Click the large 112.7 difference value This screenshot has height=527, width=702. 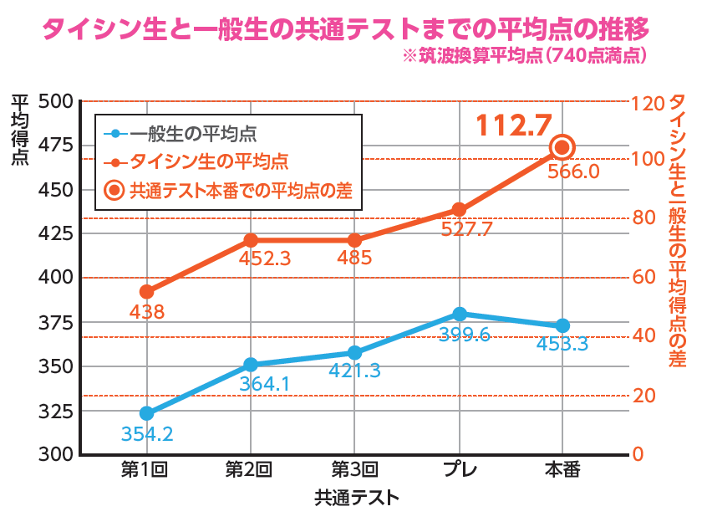[x=514, y=126]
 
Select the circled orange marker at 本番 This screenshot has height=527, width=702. [x=562, y=147]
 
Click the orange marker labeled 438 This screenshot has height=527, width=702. [x=146, y=292]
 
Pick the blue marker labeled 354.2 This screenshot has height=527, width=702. [x=146, y=413]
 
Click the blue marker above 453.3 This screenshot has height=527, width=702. [x=562, y=325]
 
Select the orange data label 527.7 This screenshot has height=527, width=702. [x=458, y=229]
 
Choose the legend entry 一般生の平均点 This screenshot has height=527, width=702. [x=193, y=133]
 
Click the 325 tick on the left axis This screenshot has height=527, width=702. [x=58, y=412]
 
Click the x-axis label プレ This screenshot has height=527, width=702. [x=459, y=469]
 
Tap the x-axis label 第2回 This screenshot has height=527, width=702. [x=251, y=469]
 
